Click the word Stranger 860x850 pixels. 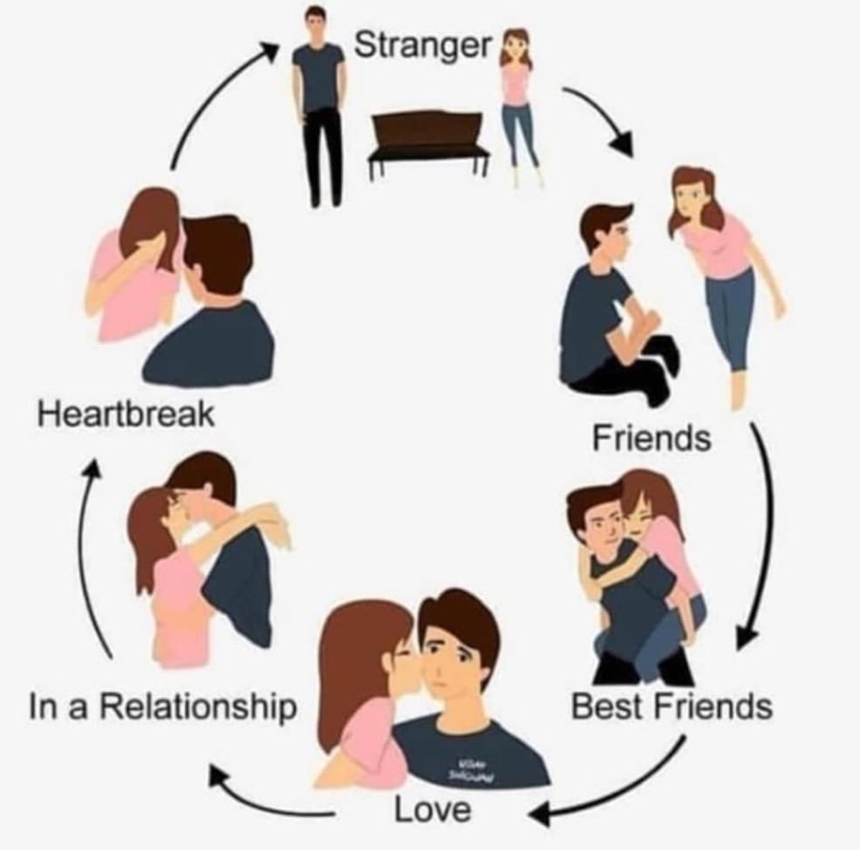tap(423, 46)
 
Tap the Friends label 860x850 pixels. tap(651, 437)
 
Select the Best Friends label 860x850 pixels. tap(672, 707)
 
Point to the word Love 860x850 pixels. tap(433, 811)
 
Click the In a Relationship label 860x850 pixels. tap(163, 706)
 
